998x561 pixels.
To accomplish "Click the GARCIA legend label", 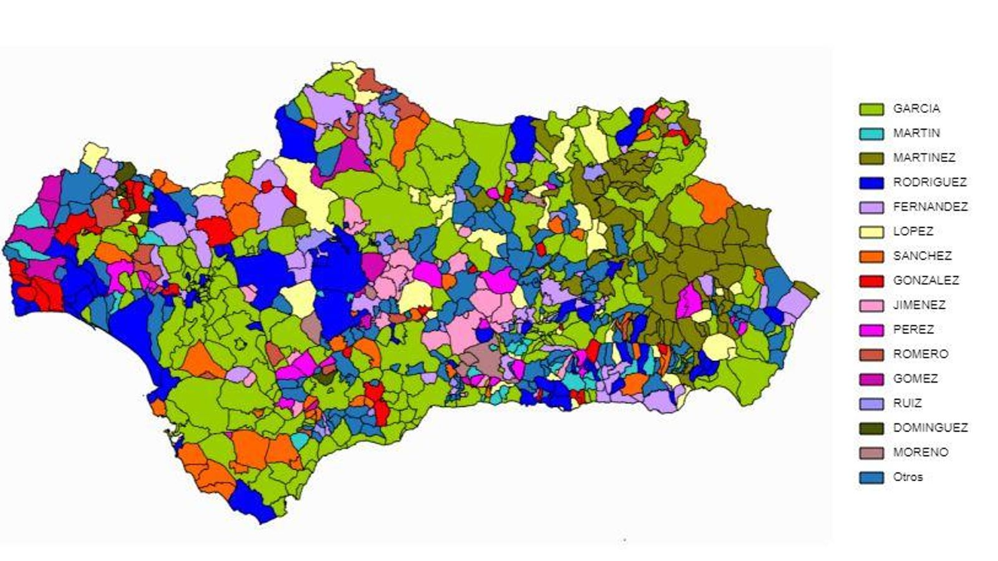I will click(x=916, y=108).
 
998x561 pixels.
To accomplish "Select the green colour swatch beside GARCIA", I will click(x=871, y=109).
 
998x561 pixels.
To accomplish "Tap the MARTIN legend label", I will click(x=916, y=133).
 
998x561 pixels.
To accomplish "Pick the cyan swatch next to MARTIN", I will click(x=871, y=133).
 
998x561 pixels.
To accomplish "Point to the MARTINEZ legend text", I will click(x=924, y=158).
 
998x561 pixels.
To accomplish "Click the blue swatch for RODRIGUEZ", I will click(x=871, y=183).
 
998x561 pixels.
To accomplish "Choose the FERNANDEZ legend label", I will click(x=930, y=207).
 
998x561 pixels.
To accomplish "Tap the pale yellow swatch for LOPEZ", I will click(x=871, y=232).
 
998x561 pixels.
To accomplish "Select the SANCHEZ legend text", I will click(x=922, y=256).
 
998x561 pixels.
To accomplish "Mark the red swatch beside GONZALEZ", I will click(x=871, y=281).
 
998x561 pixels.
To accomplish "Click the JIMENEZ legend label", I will click(x=919, y=305).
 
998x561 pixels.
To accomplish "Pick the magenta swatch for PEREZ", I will click(x=871, y=330).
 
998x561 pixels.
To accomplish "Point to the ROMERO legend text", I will click(x=920, y=354).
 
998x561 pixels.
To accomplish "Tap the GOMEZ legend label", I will click(x=915, y=378).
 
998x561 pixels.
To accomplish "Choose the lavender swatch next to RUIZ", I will click(x=871, y=404).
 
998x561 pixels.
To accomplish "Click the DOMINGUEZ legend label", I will click(x=930, y=428).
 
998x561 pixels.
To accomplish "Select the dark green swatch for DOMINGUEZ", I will click(x=871, y=428).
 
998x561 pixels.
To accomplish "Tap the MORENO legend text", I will click(x=920, y=452).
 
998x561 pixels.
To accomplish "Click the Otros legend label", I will click(x=908, y=477).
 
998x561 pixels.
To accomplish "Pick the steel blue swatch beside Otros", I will click(x=871, y=477).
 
